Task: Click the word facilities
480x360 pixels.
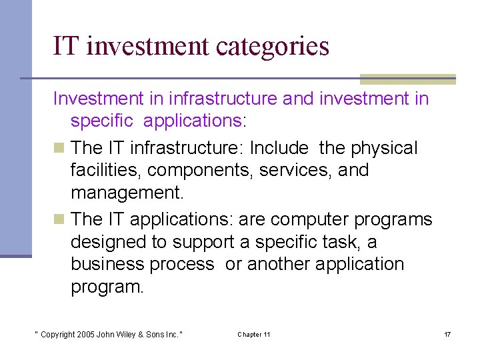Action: click(106, 171)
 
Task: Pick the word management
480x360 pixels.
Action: click(127, 193)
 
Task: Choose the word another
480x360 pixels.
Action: click(278, 265)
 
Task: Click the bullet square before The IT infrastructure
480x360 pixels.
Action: click(59, 148)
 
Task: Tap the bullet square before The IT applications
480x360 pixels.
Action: click(59, 219)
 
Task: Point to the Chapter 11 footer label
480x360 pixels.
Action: click(253, 334)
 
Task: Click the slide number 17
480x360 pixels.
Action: click(447, 334)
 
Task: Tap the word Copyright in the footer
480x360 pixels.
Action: click(57, 334)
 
